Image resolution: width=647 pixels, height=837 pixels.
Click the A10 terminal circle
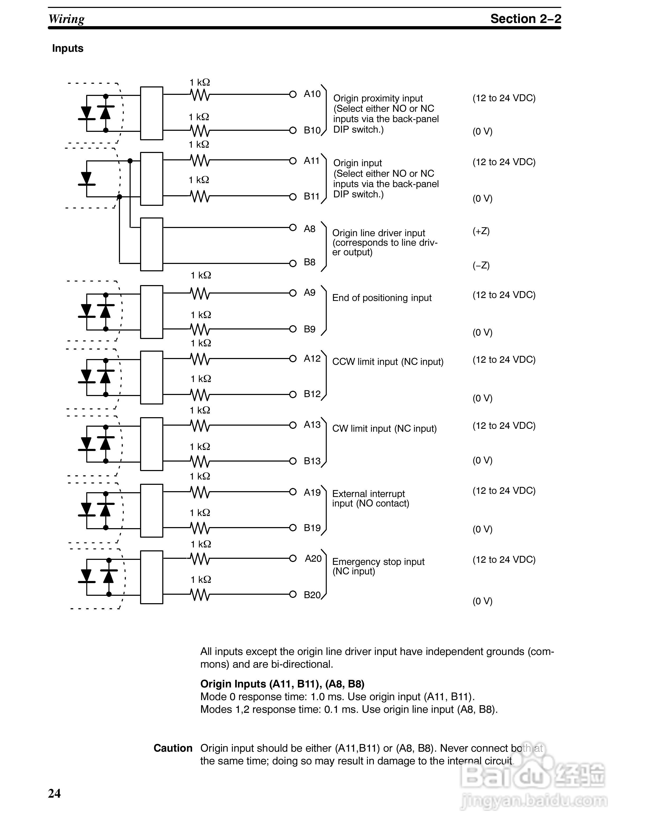[x=293, y=94]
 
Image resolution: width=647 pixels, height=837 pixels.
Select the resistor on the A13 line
[x=200, y=425]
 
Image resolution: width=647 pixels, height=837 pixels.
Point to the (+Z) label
[x=481, y=231]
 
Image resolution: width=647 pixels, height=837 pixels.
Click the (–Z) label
[x=481, y=265]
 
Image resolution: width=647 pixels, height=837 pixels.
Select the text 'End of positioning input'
[x=382, y=298]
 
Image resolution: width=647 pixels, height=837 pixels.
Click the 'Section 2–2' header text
[x=525, y=19]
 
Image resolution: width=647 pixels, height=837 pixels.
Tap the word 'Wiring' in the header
[x=66, y=19]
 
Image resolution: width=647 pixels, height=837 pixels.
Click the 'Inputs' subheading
[x=68, y=48]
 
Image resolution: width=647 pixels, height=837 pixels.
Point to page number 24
[x=54, y=793]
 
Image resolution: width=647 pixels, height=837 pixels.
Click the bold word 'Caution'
[x=173, y=748]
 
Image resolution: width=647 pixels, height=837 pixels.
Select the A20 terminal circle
[x=293, y=558]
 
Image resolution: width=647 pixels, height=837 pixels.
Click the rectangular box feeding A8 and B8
[x=152, y=244]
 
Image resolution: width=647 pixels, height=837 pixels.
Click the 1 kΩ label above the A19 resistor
[x=200, y=476]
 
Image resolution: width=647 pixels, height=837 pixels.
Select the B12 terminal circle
[x=293, y=394]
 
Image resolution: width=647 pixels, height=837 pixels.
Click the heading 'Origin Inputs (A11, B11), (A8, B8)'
[x=282, y=684]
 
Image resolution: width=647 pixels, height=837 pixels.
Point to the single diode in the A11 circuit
[x=87, y=179]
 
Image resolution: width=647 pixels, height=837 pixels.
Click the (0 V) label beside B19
[x=482, y=529]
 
